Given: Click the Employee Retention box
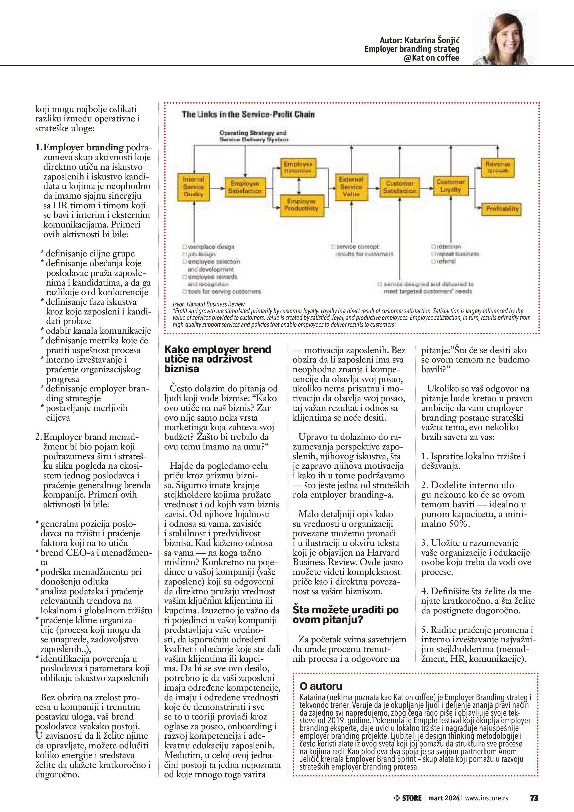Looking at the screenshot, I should click(x=298, y=167).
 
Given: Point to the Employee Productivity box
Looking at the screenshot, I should click(x=302, y=205).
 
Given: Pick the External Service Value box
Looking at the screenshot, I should click(x=351, y=187).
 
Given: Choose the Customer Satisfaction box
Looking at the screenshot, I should click(x=399, y=187).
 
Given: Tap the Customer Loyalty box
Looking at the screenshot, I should click(x=450, y=186).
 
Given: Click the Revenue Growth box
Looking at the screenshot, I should click(x=498, y=167).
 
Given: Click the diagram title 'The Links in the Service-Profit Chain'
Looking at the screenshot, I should click(x=248, y=114).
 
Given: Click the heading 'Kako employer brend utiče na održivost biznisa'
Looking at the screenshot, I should click(x=217, y=359).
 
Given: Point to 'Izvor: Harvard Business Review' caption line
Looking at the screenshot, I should click(x=209, y=304).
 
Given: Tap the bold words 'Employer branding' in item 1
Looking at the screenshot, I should click(x=83, y=148).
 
